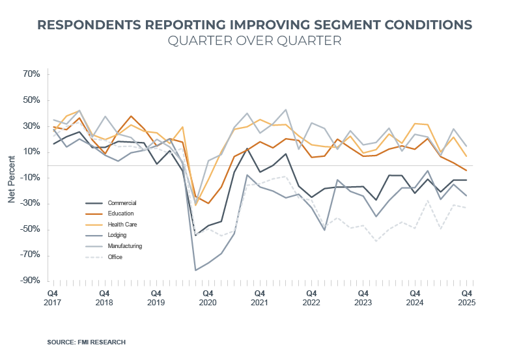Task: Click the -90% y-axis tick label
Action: coord(31,281)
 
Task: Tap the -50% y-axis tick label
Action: coord(31,229)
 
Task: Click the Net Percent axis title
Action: coord(12,178)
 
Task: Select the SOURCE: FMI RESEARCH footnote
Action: coord(86,342)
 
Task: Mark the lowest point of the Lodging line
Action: coord(195,270)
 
